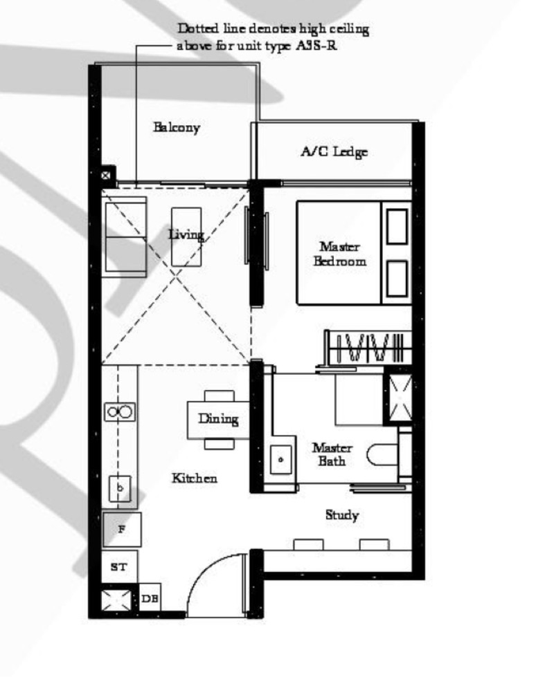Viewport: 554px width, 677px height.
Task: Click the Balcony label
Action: [x=177, y=127]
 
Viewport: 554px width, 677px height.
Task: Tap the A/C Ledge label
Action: [x=334, y=152]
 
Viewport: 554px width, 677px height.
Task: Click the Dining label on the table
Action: [x=218, y=418]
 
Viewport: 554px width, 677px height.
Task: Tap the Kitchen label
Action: [x=195, y=478]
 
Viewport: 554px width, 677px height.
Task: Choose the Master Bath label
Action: [x=327, y=454]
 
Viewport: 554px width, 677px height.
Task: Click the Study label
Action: [x=341, y=515]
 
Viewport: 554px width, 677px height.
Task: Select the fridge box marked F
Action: [x=122, y=530]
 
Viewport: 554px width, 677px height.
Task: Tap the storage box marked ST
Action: [x=119, y=567]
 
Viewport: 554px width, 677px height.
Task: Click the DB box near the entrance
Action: [x=150, y=598]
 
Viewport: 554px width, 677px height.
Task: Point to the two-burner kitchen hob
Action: [x=120, y=412]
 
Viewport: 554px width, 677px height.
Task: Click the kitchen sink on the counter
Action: [x=120, y=488]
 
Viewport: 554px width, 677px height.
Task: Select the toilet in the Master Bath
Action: [x=382, y=454]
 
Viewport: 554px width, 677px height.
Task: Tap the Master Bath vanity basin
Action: [x=281, y=458]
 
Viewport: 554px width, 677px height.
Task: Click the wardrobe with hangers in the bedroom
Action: [x=367, y=346]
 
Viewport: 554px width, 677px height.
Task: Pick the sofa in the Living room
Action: [x=124, y=237]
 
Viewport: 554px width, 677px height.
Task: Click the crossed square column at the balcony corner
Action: [x=108, y=176]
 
